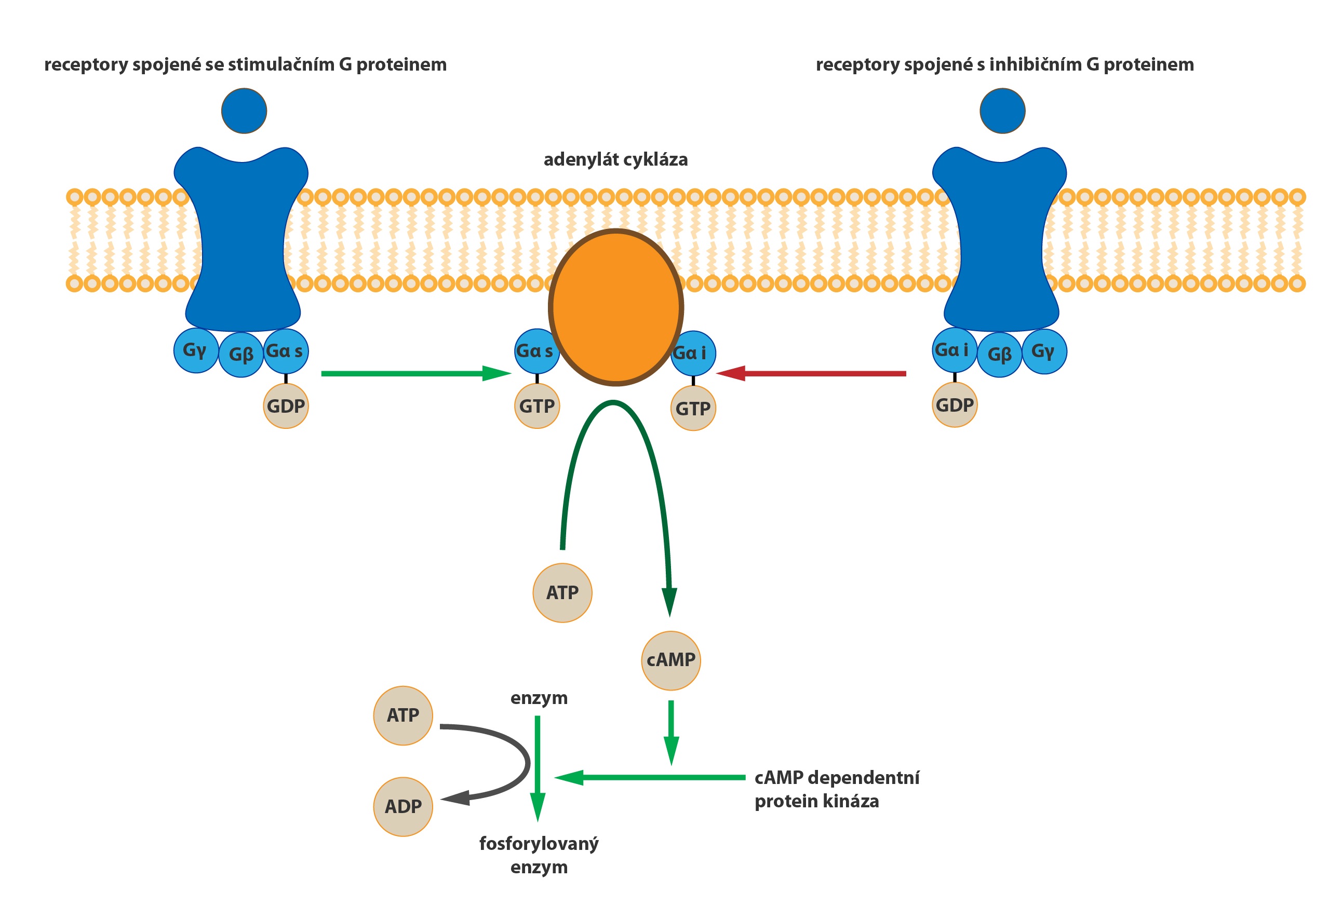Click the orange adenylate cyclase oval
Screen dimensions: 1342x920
click(x=615, y=307)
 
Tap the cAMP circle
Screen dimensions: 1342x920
click(x=670, y=660)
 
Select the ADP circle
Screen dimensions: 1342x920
click(x=403, y=806)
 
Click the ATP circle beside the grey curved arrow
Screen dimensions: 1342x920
click(x=403, y=715)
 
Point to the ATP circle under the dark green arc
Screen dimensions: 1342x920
click(x=562, y=593)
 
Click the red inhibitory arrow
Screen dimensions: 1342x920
click(x=811, y=373)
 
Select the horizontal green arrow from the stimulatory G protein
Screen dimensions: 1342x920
click(x=417, y=373)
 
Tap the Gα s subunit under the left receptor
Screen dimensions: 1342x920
click(x=286, y=351)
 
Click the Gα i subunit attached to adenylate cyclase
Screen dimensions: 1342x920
click(x=693, y=353)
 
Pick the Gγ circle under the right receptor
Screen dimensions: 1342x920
click(x=1044, y=351)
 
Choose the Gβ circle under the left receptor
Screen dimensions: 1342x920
click(x=241, y=355)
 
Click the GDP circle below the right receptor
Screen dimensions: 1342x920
click(x=955, y=404)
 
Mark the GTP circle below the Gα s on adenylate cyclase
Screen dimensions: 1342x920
click(x=537, y=407)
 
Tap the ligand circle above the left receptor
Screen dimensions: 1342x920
click(x=244, y=111)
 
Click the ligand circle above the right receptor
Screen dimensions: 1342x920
click(x=1002, y=111)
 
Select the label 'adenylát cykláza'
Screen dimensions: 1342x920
click(x=615, y=159)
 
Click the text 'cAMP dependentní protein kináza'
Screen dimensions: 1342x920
click(x=837, y=789)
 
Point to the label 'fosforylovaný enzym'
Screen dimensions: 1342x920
click(x=539, y=855)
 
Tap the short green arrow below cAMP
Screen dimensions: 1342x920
click(x=671, y=733)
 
